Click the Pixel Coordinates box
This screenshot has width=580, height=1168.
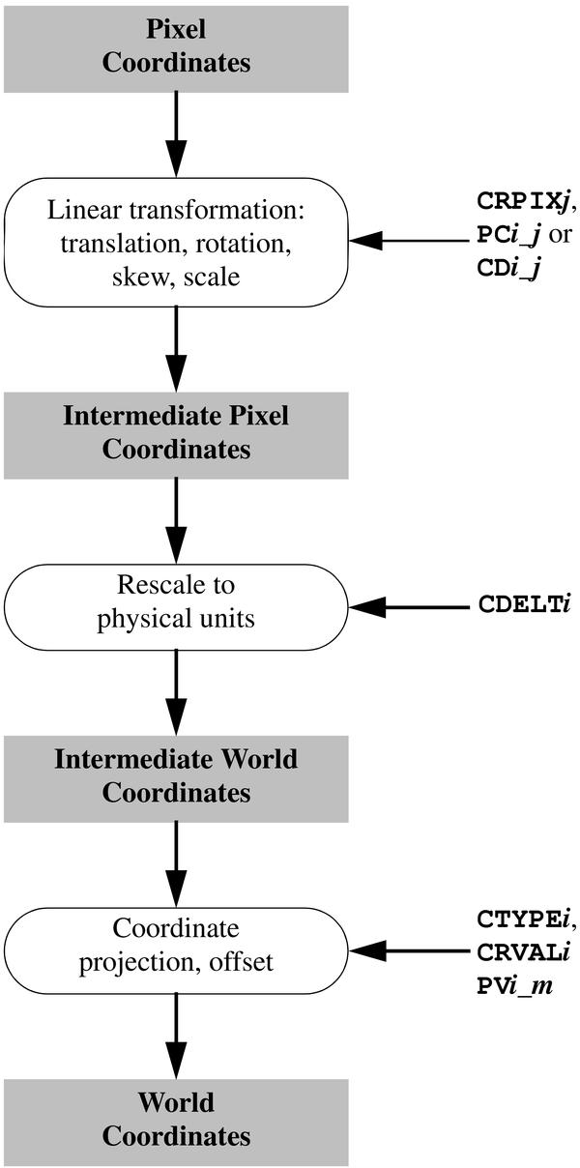176,46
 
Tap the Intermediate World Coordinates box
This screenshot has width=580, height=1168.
176,775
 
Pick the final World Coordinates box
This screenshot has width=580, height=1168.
176,1119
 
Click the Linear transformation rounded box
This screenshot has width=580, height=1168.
176,242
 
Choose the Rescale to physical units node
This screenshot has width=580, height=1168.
176,602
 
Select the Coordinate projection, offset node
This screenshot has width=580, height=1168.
176,946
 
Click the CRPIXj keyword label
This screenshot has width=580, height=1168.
523,200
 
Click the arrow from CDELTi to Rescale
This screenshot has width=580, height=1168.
406,606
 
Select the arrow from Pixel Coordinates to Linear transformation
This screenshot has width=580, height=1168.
176,135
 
